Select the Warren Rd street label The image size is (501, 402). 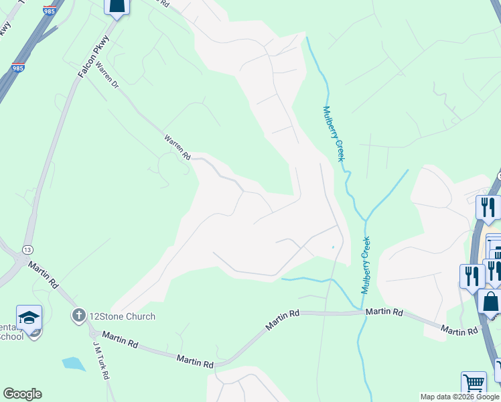[177, 147]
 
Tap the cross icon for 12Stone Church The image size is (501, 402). [78, 315]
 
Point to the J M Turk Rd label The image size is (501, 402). [101, 360]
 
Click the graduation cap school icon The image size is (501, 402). [29, 317]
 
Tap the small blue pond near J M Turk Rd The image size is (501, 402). [73, 364]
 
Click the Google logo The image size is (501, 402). [22, 394]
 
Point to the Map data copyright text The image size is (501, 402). [459, 397]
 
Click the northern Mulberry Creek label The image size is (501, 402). [334, 133]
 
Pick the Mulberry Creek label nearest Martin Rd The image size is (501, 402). [366, 265]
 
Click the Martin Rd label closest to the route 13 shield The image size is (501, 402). [43, 275]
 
